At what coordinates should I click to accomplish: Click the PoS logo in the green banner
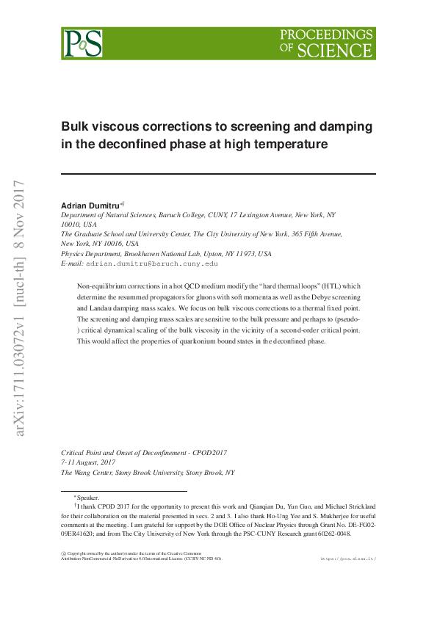click(x=82, y=43)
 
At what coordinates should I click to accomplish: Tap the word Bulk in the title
click(x=74, y=126)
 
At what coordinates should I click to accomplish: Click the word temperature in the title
click(x=289, y=145)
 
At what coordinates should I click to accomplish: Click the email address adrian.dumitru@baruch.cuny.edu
click(x=152, y=263)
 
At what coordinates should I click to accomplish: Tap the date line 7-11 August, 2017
click(x=88, y=462)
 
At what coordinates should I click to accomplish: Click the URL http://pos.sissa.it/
click(x=349, y=559)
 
